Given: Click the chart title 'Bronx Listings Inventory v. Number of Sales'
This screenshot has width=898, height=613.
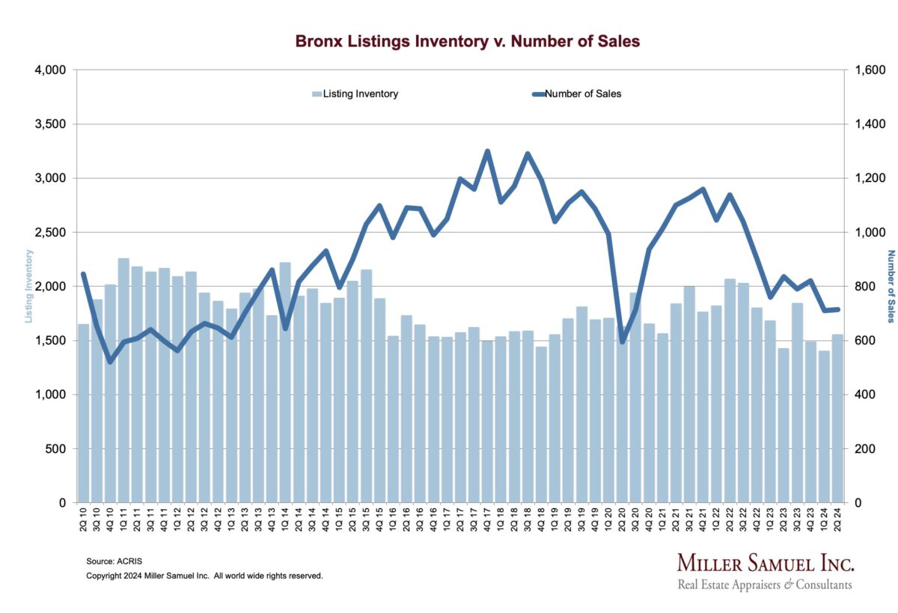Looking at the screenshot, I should pos(468,41).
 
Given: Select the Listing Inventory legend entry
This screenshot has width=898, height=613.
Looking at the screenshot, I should pos(355,94).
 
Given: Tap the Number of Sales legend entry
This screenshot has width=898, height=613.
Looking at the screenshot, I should pos(576,94).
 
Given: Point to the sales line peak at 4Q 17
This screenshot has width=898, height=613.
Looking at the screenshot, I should pos(487,151).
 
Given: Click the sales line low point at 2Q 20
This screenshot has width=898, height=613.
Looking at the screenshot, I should pos(622,341).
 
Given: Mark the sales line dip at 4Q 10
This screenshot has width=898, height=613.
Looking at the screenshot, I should pos(110,362).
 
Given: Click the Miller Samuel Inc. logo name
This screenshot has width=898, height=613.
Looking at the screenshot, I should pos(765,564).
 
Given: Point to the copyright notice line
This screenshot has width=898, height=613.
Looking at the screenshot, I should pos(204,576).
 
